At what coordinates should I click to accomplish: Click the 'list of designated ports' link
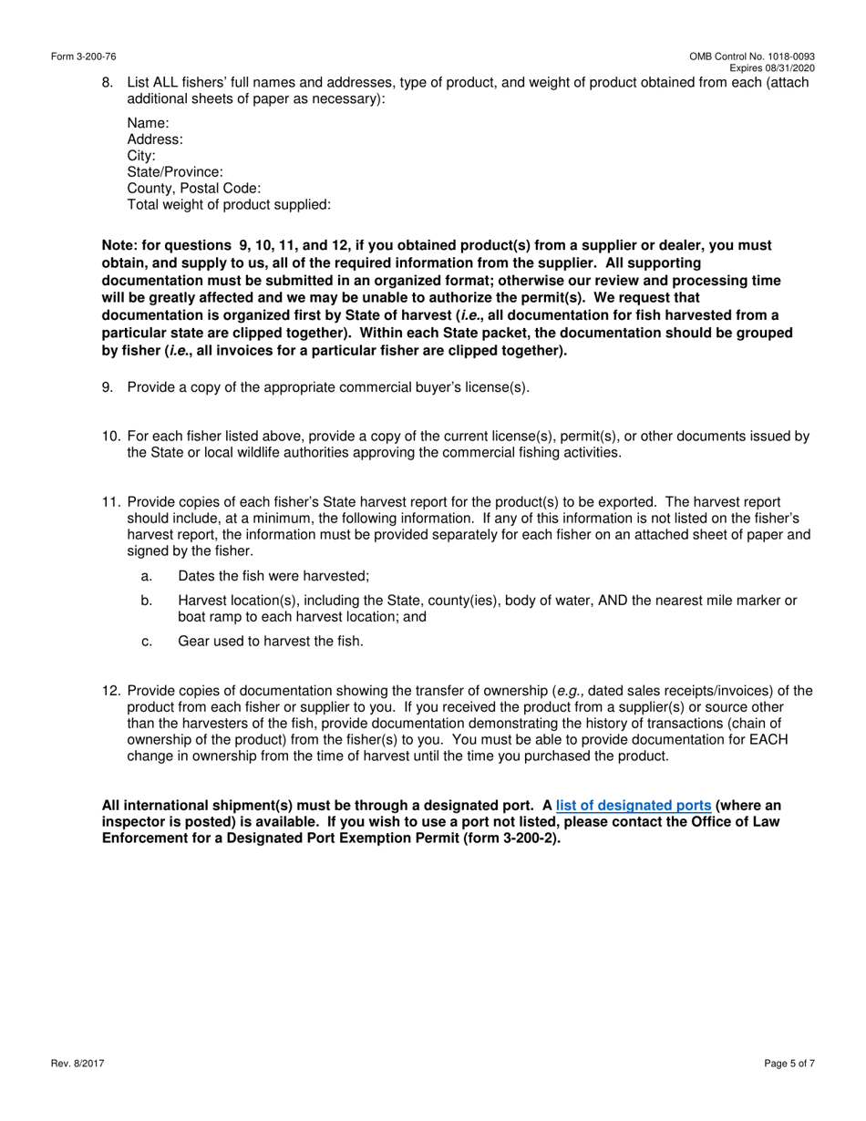pyautogui.click(x=633, y=806)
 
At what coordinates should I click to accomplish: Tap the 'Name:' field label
pyautogui.click(x=148, y=123)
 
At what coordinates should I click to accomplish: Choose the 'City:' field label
pyautogui.click(x=141, y=156)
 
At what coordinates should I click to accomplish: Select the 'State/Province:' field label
pyautogui.click(x=175, y=172)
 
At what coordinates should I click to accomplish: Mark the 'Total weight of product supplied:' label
pyautogui.click(x=229, y=205)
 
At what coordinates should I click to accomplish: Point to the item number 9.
pyautogui.click(x=108, y=387)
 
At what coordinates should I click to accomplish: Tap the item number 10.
pyautogui.click(x=110, y=437)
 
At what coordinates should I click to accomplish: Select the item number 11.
pyautogui.click(x=110, y=502)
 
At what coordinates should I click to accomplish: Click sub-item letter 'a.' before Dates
pyautogui.click(x=147, y=576)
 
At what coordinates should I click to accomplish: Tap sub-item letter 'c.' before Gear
pyautogui.click(x=147, y=642)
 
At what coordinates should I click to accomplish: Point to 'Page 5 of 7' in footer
pyautogui.click(x=789, y=1064)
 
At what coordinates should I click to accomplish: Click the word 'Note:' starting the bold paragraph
pyautogui.click(x=121, y=246)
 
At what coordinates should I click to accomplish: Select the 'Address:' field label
pyautogui.click(x=155, y=139)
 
